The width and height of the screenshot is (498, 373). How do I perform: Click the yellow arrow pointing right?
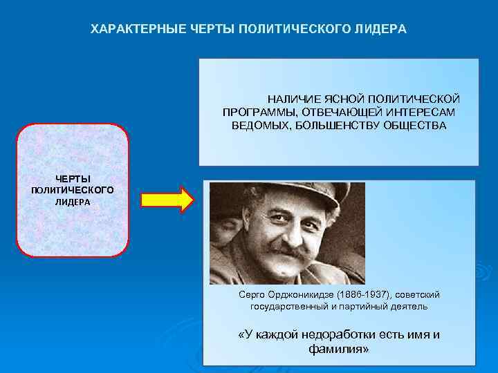167,199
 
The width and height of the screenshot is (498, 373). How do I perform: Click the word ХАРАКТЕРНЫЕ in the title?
137,30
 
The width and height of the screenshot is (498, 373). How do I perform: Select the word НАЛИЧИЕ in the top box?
291,99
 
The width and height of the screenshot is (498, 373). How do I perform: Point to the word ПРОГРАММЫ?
253,112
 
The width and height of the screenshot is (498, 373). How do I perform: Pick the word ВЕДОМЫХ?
257,125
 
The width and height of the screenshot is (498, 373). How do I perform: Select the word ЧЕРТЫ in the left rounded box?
73,179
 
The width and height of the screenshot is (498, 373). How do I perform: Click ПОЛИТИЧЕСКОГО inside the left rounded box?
73,190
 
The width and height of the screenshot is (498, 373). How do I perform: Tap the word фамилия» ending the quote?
339,350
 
